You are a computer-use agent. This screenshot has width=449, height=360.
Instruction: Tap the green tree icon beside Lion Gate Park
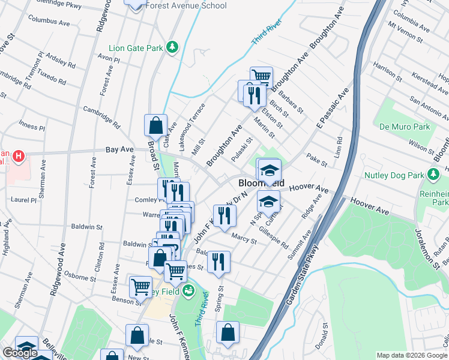pos(172,47)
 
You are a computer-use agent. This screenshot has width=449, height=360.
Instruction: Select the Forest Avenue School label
pos(185,6)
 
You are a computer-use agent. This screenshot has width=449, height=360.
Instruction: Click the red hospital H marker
pos(19,157)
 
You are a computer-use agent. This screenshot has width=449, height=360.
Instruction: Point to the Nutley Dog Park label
pos(393,176)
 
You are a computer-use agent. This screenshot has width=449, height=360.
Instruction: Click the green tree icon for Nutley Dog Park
pos(432,175)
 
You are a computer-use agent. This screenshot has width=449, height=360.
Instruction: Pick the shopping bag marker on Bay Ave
pos(155,125)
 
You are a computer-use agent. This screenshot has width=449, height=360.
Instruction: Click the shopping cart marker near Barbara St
pos(261,76)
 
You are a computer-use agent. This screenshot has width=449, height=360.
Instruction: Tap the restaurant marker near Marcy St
pos(224,216)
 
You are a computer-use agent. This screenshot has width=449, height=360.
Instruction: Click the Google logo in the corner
pos(20,353)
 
